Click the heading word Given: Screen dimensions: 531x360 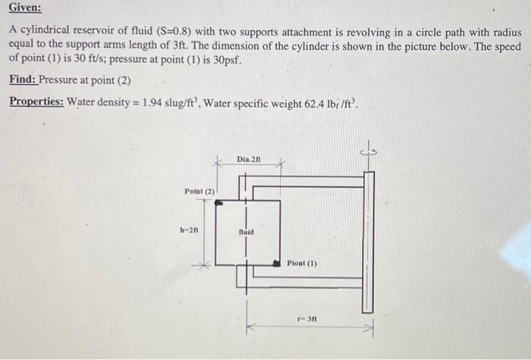[25, 11]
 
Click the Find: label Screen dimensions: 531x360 [23, 80]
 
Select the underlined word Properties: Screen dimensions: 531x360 [36, 102]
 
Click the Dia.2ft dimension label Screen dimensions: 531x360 [248, 159]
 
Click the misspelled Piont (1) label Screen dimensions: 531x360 [302, 264]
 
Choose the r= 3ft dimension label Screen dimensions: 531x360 [306, 319]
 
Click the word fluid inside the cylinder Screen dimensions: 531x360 [245, 233]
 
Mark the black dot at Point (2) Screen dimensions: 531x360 [219, 203]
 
